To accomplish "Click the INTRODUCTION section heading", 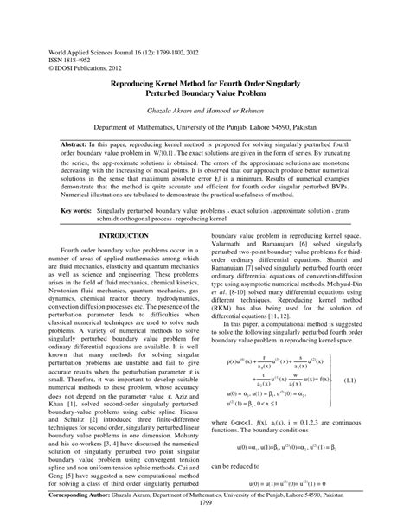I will click(124, 234).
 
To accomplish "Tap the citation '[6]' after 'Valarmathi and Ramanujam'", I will click(322, 246).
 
